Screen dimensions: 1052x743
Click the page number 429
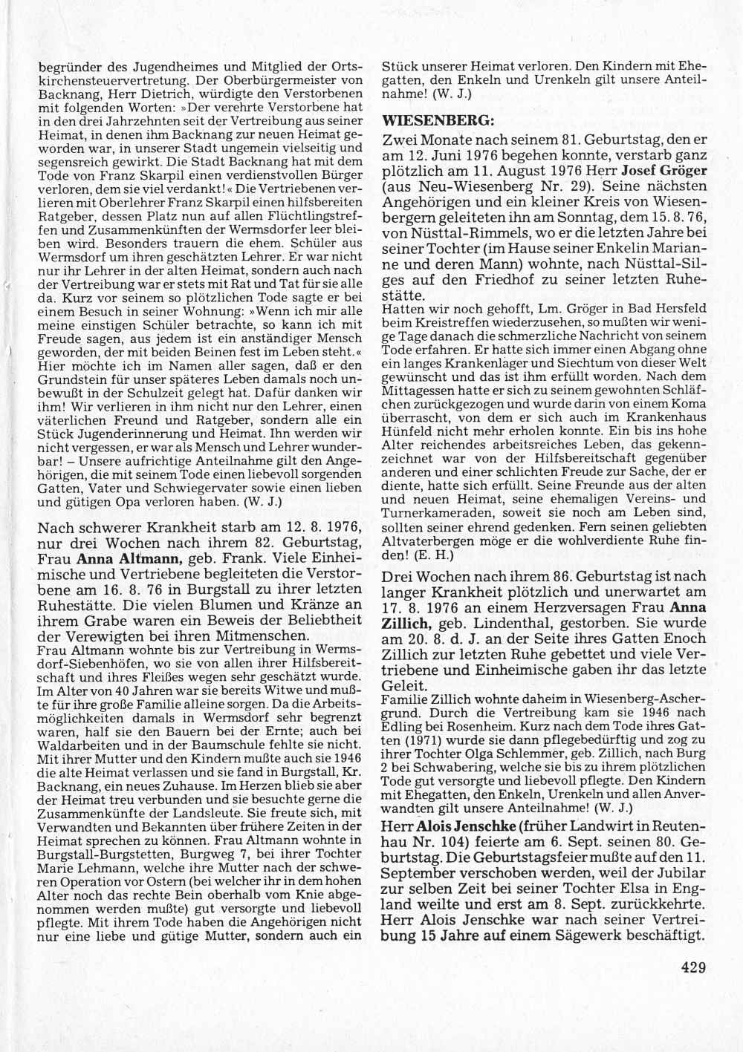[x=690, y=966]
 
